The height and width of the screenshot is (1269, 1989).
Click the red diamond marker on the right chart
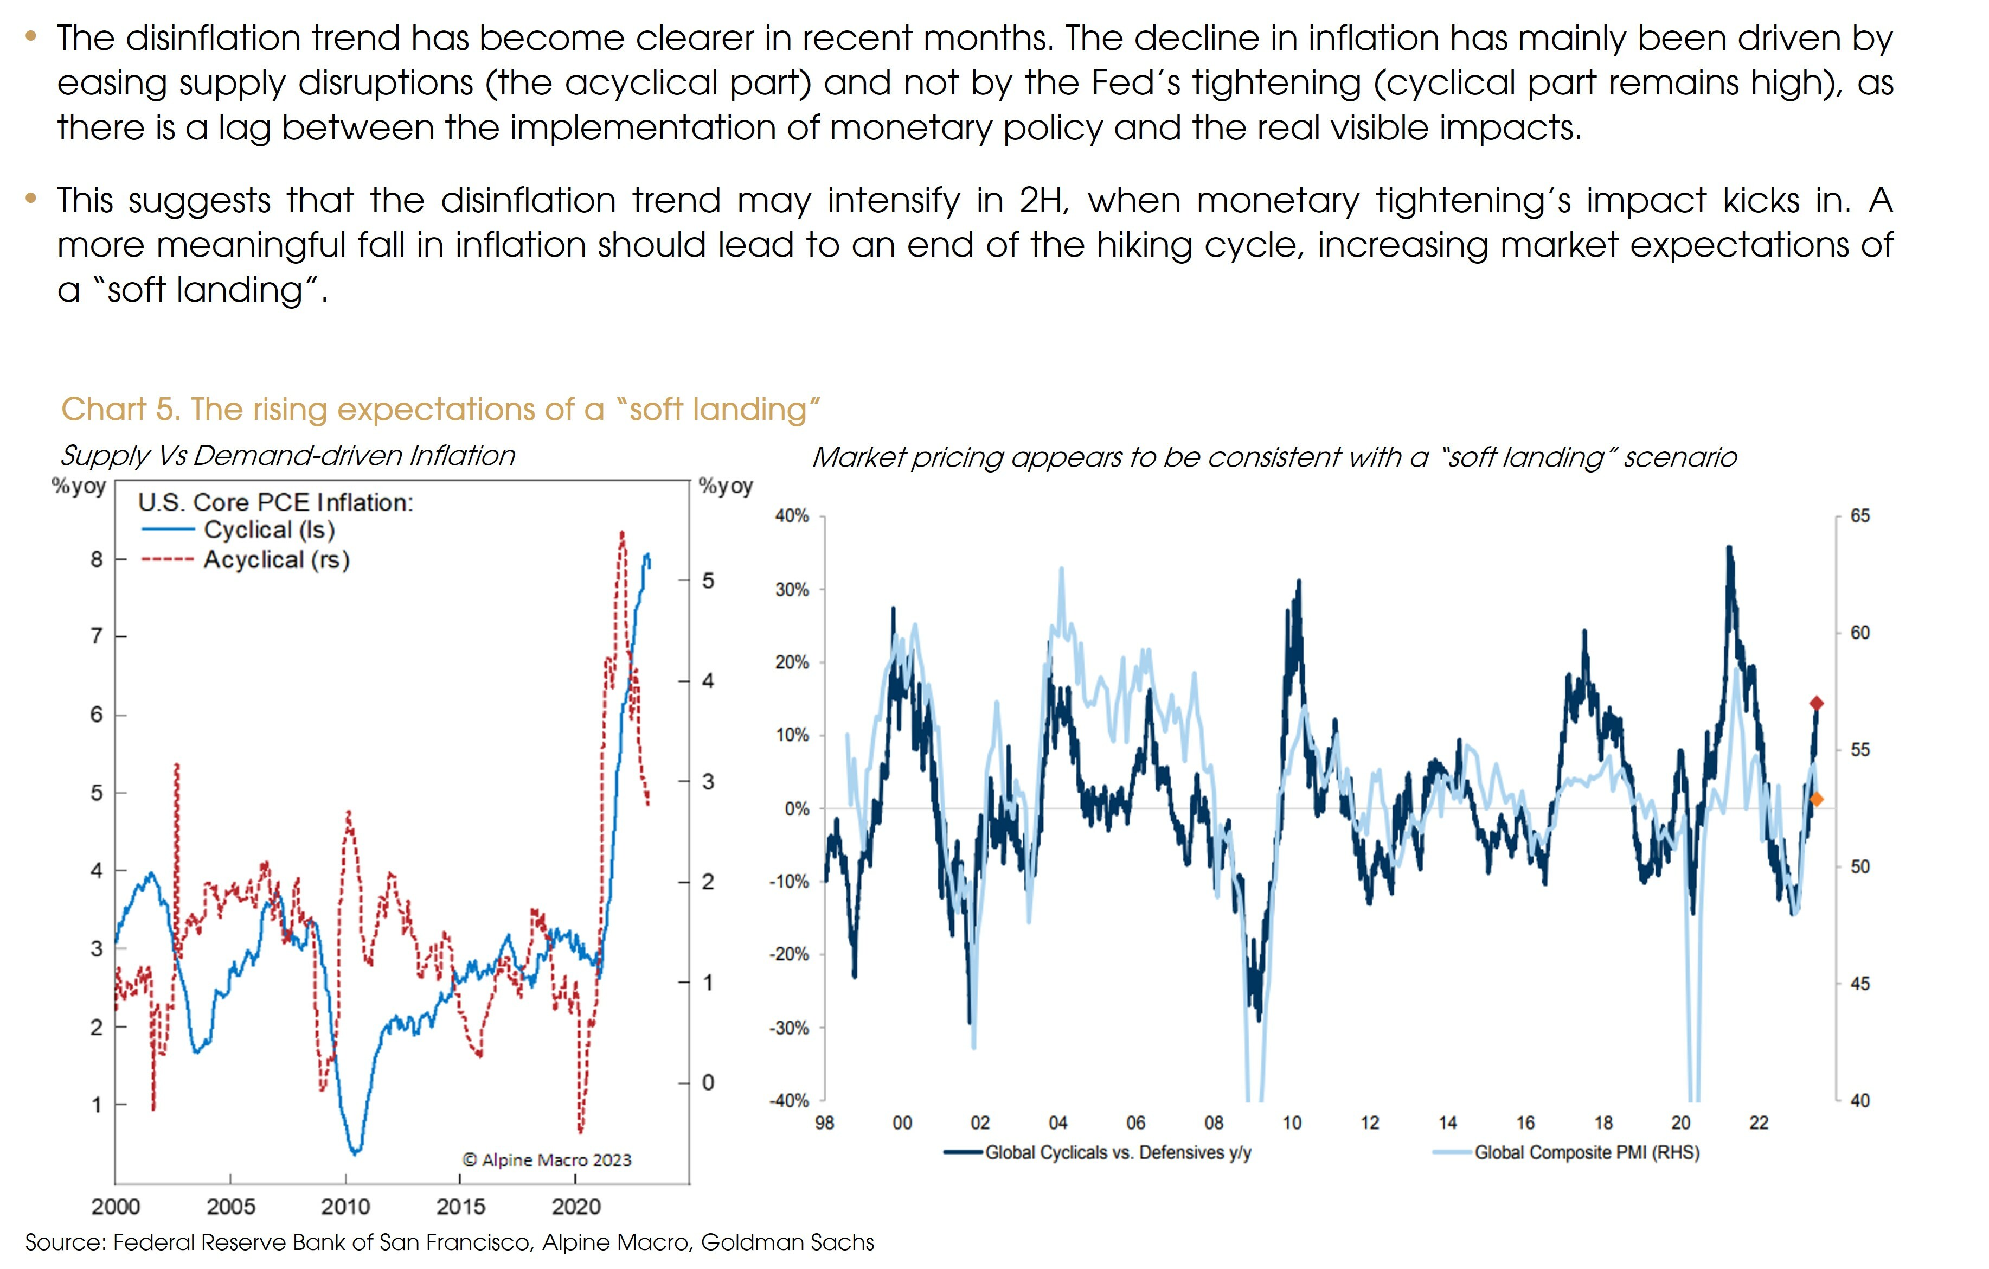[1817, 703]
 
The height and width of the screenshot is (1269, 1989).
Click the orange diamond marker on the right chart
[1817, 799]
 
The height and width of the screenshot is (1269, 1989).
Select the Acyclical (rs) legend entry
[276, 560]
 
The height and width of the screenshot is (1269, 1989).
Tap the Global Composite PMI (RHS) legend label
[1586, 1152]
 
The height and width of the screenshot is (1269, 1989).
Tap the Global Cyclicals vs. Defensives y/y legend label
[1118, 1152]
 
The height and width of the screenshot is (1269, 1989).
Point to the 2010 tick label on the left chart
[345, 1207]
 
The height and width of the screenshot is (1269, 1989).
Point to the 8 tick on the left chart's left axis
[97, 559]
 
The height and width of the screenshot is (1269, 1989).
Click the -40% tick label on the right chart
[789, 1100]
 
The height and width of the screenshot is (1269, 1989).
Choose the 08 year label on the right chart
[1214, 1123]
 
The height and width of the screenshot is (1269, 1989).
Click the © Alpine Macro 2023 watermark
[546, 1160]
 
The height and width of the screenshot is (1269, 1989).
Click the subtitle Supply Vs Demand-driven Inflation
[287, 455]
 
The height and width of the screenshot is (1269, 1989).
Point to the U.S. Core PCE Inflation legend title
[275, 502]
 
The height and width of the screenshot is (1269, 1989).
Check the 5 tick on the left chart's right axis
[708, 581]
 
